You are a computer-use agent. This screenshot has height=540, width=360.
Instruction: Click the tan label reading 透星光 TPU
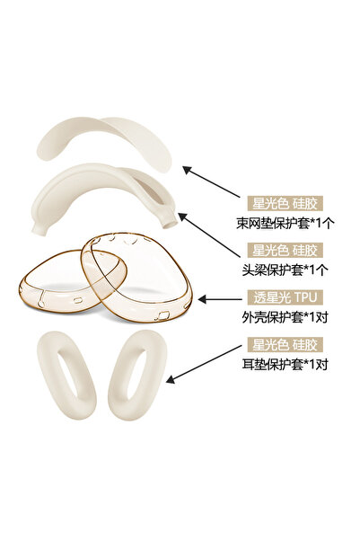285,297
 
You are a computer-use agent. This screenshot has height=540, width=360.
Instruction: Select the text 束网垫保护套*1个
285,223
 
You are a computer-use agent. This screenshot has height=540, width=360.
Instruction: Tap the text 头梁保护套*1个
285,270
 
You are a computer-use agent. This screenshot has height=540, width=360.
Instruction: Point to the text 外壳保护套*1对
285,317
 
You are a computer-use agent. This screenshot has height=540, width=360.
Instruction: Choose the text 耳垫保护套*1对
285,364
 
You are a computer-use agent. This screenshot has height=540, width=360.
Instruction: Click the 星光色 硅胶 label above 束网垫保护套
285,204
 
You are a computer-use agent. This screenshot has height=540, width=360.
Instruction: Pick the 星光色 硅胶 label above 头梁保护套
285,250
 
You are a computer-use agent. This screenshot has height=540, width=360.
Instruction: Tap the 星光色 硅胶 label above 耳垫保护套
285,344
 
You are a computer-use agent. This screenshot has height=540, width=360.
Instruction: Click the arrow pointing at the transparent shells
220,299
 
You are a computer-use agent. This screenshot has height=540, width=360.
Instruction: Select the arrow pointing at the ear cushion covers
204,364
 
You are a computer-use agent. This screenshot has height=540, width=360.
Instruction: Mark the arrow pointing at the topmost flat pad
211,181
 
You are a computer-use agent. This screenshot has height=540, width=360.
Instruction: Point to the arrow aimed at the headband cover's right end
208,235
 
